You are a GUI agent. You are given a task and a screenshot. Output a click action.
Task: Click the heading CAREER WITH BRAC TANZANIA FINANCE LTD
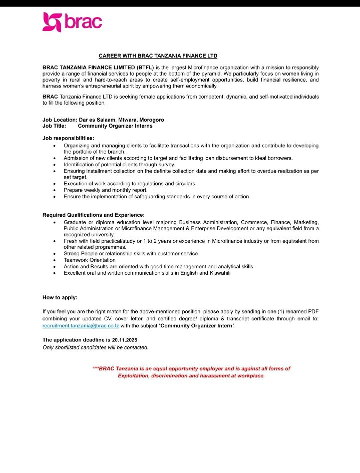158,56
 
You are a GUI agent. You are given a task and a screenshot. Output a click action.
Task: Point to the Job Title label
54,126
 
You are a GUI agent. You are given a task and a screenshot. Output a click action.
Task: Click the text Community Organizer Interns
115,126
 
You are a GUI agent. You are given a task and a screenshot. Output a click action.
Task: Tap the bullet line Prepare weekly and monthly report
105,190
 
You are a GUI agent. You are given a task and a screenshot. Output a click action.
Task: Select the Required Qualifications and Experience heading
94,215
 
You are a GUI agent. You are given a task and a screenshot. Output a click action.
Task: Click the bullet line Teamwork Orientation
89,260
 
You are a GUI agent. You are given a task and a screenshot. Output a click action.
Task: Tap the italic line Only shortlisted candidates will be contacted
95,347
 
